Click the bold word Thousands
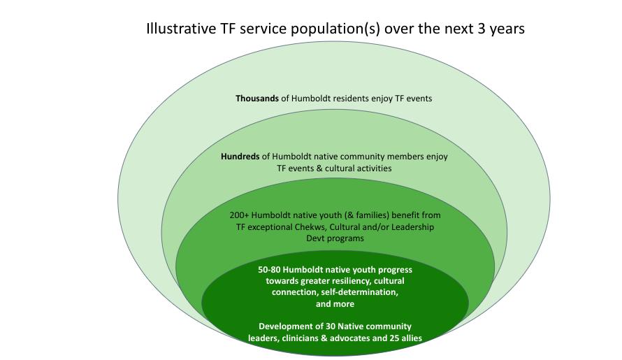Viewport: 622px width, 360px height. pyautogui.click(x=256, y=99)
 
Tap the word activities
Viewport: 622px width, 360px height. pyautogui.click(x=373, y=168)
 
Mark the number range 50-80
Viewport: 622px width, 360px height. pyautogui.click(x=270, y=269)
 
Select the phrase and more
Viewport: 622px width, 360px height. pyautogui.click(x=335, y=304)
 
